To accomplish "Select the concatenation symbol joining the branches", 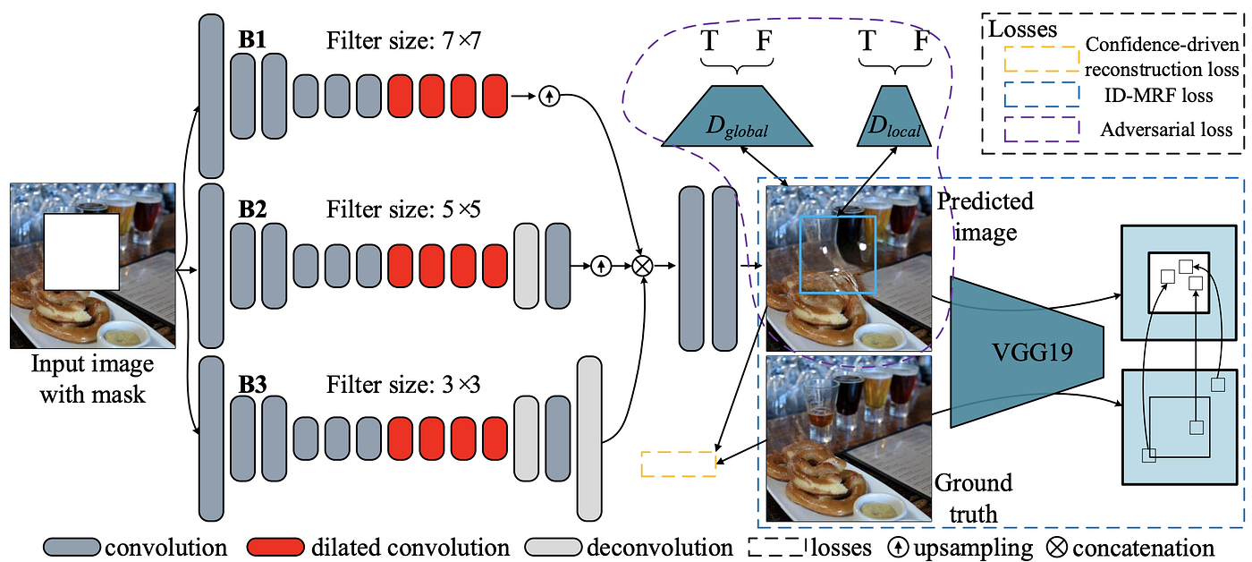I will [642, 265].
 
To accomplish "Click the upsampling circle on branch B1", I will [549, 96].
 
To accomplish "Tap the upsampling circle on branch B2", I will [601, 265].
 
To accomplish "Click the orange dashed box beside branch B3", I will [679, 464].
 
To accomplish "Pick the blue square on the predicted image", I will [837, 255].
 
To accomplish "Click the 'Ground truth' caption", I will [973, 498].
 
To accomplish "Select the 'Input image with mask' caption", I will [92, 379].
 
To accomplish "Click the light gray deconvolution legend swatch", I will [553, 547].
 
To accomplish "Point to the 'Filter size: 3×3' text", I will [403, 385].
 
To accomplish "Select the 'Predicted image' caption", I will [984, 216].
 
